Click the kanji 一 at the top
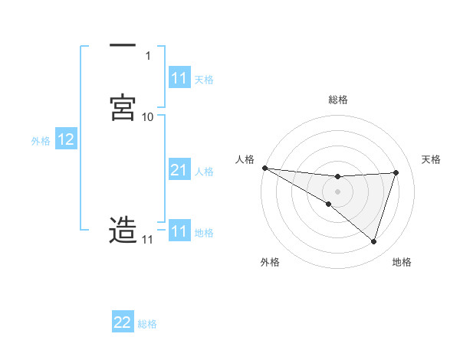122,47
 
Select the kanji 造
123,231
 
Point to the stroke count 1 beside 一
147,56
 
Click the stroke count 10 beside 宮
147,116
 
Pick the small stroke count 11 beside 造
147,240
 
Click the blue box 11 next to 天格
179,78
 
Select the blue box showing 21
179,171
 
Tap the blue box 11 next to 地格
179,231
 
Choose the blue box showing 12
66,140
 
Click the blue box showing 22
123,323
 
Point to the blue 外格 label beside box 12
40,141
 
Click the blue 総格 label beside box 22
147,324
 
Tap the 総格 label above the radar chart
338,100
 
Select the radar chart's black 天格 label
431,159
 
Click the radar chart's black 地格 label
402,262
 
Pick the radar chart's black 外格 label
270,262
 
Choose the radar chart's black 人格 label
245,159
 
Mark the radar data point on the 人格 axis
264,168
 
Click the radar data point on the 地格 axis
374,242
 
